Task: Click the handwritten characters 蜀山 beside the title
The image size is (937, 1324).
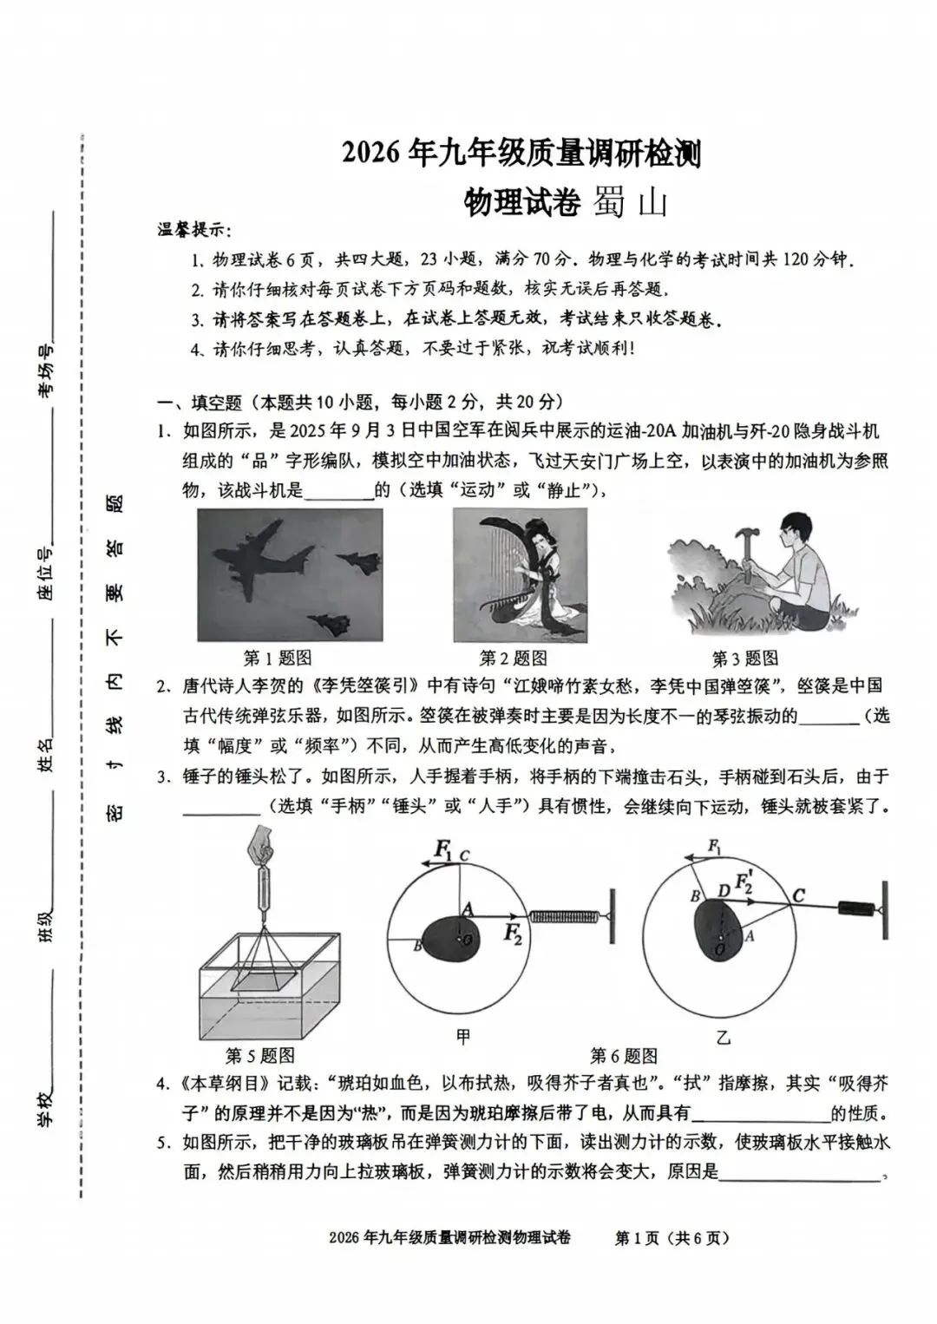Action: click(x=631, y=203)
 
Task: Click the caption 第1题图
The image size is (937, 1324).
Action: click(x=277, y=658)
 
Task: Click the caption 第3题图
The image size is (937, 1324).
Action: click(x=744, y=658)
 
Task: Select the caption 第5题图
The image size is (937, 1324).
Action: click(x=260, y=1055)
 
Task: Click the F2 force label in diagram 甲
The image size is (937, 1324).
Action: click(x=514, y=934)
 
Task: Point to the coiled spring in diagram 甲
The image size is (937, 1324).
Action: click(x=565, y=915)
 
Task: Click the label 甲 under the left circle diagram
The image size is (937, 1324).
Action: click(x=463, y=1036)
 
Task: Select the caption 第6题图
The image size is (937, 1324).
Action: click(x=624, y=1055)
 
